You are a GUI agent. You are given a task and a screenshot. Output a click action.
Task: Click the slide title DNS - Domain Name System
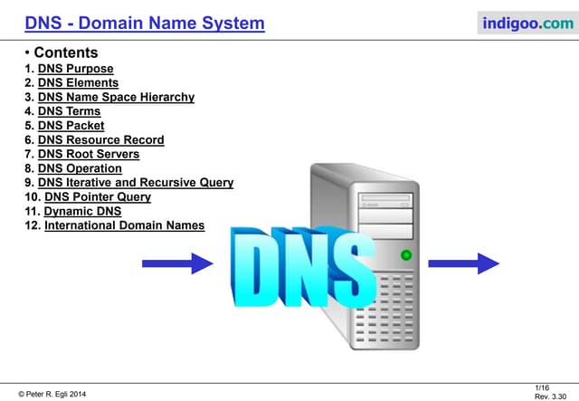point(145,23)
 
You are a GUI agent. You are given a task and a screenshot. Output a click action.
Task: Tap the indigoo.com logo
point(528,23)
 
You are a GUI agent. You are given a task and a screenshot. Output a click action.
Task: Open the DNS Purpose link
point(75,69)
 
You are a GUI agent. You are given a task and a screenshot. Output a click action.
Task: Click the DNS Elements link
point(78,82)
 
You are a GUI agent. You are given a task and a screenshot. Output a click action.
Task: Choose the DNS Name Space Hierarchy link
point(116,97)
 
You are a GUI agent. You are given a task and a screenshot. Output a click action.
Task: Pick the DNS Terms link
point(69,111)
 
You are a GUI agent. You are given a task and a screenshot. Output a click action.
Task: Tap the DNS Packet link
point(71,126)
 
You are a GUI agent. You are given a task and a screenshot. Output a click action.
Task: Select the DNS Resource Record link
point(100,139)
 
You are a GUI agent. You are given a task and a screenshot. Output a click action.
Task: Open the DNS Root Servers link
point(89,154)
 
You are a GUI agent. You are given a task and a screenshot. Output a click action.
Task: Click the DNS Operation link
point(80,168)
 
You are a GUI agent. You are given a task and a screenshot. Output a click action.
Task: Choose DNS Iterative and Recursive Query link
point(136,183)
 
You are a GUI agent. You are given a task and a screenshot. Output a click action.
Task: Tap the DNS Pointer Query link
point(98,197)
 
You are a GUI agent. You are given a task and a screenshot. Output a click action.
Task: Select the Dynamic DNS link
point(82,211)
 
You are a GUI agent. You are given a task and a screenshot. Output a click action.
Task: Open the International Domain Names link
point(124,225)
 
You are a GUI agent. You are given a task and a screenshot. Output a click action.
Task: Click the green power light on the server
point(406,255)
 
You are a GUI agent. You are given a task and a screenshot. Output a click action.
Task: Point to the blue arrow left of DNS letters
point(177,263)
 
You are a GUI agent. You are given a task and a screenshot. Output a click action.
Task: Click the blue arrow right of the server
point(463,263)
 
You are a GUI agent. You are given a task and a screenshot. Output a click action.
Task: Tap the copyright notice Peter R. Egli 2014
point(52,395)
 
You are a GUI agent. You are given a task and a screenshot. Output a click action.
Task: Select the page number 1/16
point(542,387)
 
